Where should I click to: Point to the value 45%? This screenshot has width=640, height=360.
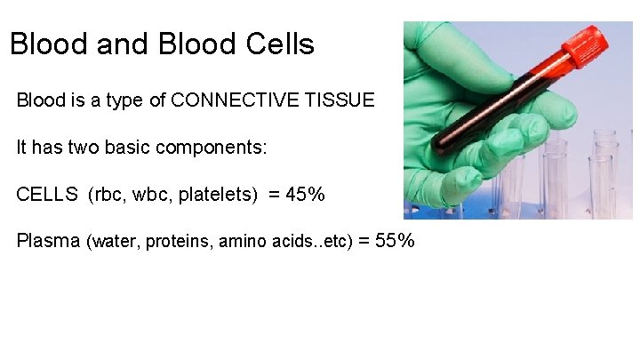click(x=304, y=195)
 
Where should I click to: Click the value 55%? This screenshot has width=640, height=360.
click(x=394, y=241)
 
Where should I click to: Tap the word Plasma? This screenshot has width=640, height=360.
click(x=48, y=241)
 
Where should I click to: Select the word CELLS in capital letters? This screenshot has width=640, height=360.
click(x=47, y=195)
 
